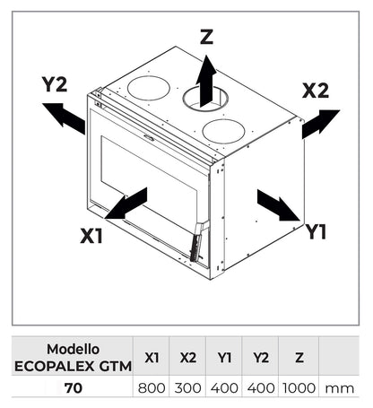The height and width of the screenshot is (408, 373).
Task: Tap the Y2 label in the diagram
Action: [x=56, y=85]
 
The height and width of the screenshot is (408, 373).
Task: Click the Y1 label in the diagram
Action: [x=316, y=232]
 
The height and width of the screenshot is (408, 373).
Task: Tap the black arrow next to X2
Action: [x=321, y=122]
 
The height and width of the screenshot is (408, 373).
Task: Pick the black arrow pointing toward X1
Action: [x=127, y=203]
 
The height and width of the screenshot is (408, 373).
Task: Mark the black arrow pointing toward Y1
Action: [x=278, y=204]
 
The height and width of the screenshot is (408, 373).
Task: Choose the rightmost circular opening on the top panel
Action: [x=223, y=130]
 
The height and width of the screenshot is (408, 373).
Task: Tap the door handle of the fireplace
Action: [x=196, y=242]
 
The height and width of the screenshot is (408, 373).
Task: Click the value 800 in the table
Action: [x=152, y=389]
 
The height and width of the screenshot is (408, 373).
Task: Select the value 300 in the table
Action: [x=187, y=389]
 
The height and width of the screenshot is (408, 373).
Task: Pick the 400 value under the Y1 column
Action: [x=224, y=389]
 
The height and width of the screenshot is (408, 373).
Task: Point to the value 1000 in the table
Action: [x=298, y=389]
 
